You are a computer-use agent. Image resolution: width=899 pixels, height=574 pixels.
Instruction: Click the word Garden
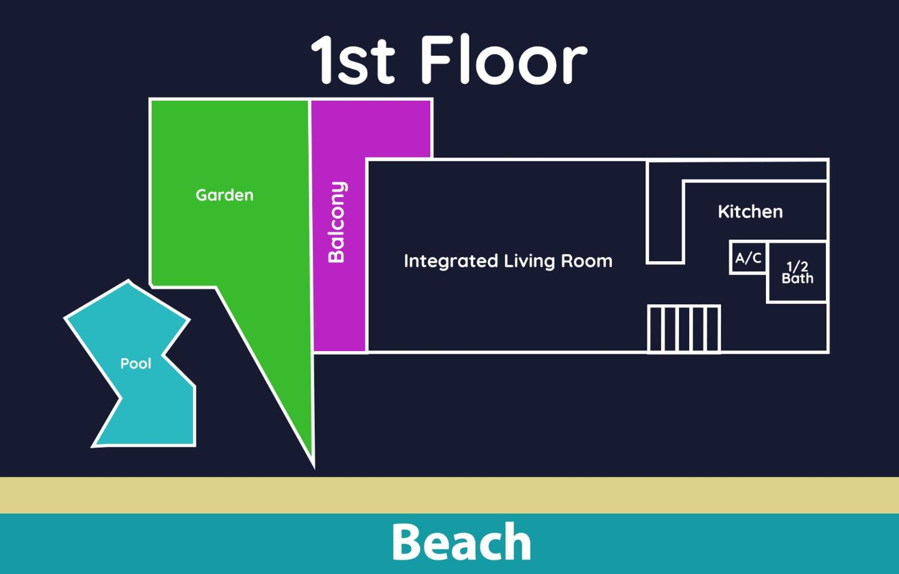(224, 195)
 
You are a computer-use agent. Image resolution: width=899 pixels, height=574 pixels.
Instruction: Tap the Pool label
(136, 363)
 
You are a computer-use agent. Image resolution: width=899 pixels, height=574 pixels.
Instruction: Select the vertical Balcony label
(337, 222)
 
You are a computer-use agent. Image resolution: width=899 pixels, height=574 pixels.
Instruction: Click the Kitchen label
(750, 212)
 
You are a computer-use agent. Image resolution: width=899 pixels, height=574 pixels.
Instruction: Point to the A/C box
(748, 258)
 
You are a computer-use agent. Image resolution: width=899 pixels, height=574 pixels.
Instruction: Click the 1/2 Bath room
(797, 272)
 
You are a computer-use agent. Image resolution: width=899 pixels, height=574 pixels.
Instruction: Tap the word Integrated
(451, 261)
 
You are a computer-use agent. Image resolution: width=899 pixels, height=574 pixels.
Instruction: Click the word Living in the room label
(530, 261)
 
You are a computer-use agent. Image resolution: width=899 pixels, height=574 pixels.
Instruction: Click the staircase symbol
(684, 329)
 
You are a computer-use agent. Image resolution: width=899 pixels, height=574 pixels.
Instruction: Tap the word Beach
(461, 542)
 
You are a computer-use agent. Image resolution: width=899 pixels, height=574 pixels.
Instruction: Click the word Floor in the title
(504, 59)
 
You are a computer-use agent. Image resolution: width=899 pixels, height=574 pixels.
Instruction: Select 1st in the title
(353, 59)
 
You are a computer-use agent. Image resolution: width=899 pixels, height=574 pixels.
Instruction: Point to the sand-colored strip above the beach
(449, 495)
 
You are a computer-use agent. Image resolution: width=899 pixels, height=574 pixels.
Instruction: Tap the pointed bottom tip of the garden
(313, 467)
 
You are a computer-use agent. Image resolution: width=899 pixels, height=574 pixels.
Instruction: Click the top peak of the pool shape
(129, 281)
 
